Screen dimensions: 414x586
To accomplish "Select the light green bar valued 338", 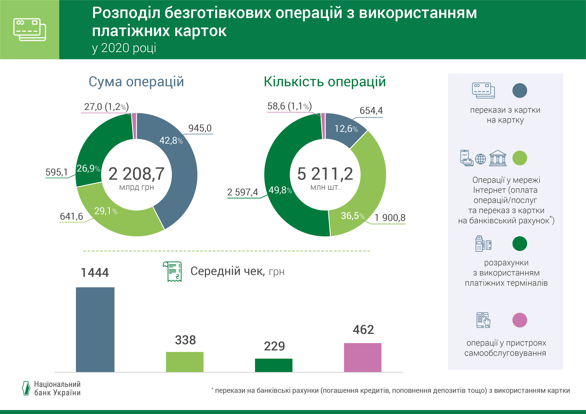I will pyautogui.click(x=185, y=362).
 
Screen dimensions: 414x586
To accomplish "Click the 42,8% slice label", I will pyautogui.click(x=171, y=141).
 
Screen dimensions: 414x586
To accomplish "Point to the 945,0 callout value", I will pyautogui.click(x=200, y=128).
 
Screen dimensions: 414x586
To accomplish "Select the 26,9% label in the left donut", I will pyautogui.click(x=88, y=168).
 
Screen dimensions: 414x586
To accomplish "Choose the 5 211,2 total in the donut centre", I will pyautogui.click(x=325, y=174).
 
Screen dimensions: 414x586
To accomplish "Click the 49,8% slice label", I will pyautogui.click(x=280, y=190).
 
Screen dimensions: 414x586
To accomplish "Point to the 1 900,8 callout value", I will pyautogui.click(x=390, y=218).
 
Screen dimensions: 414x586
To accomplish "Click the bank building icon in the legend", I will pyautogui.click(x=497, y=158).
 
